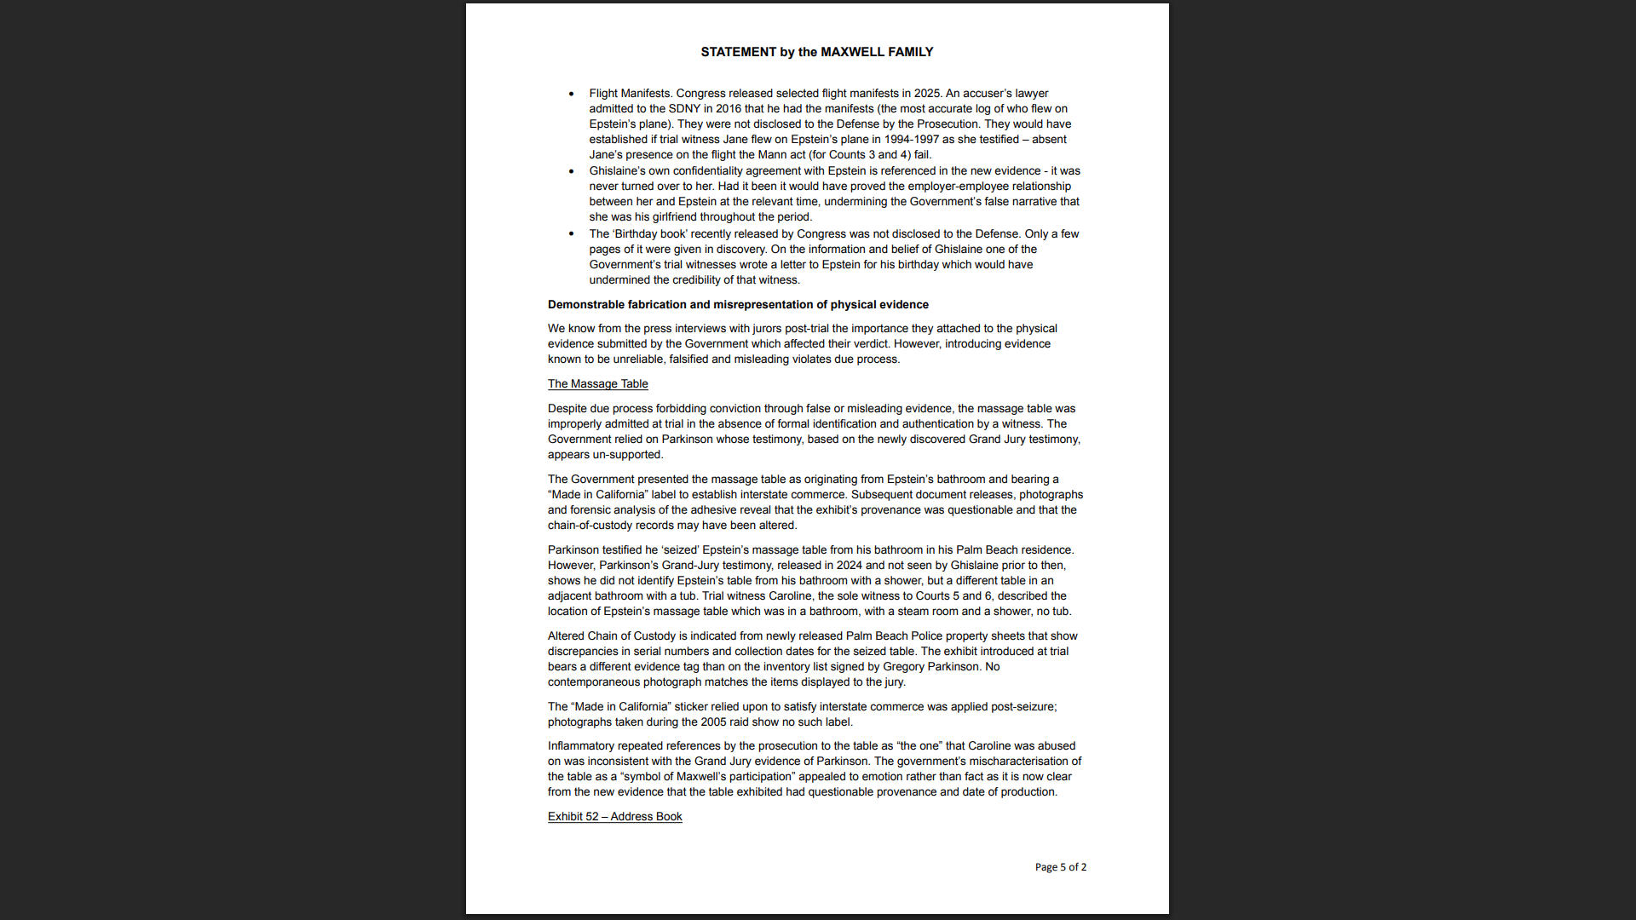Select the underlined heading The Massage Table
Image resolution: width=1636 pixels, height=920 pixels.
597,384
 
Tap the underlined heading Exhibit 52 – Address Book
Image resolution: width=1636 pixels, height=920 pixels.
614,817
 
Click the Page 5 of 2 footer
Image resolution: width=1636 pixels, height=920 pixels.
1060,867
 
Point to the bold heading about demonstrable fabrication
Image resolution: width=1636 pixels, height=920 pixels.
738,305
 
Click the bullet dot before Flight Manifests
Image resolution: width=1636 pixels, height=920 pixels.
572,94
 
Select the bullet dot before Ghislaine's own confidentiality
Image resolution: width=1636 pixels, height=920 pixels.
572,171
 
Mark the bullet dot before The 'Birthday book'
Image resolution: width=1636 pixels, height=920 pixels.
572,234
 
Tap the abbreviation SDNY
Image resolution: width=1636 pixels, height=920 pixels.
684,109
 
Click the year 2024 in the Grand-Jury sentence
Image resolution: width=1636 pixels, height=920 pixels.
851,566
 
